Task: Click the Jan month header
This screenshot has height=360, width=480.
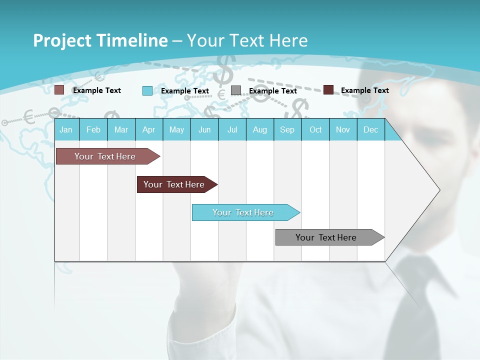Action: click(66, 129)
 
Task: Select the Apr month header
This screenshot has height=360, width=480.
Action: click(148, 129)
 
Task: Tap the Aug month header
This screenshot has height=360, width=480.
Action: click(259, 129)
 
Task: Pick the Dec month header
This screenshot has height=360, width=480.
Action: click(370, 129)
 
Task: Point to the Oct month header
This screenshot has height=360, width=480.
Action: click(315, 129)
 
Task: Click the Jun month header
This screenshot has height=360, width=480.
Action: click(204, 129)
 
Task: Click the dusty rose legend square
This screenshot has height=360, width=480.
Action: click(59, 90)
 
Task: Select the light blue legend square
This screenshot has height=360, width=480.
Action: click(147, 90)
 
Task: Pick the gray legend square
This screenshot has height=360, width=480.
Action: click(236, 90)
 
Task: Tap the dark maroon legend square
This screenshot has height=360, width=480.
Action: click(328, 90)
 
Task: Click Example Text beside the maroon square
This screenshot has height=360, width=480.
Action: click(364, 90)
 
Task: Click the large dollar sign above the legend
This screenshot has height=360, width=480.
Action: click(224, 70)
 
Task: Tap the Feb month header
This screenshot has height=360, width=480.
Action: click(93, 129)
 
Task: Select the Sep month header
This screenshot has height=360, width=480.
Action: click(287, 129)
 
